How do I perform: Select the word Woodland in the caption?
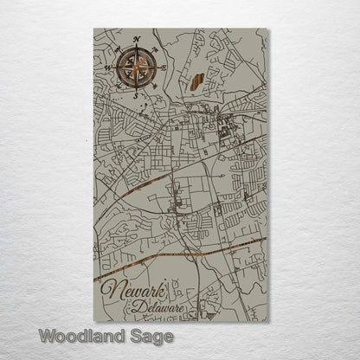pyautogui.click(x=82, y=335)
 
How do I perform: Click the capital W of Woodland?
pyautogui.click(x=47, y=335)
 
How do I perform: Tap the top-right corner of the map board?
pyautogui.click(x=268, y=29)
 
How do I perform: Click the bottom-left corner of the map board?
pyautogui.click(x=93, y=322)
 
